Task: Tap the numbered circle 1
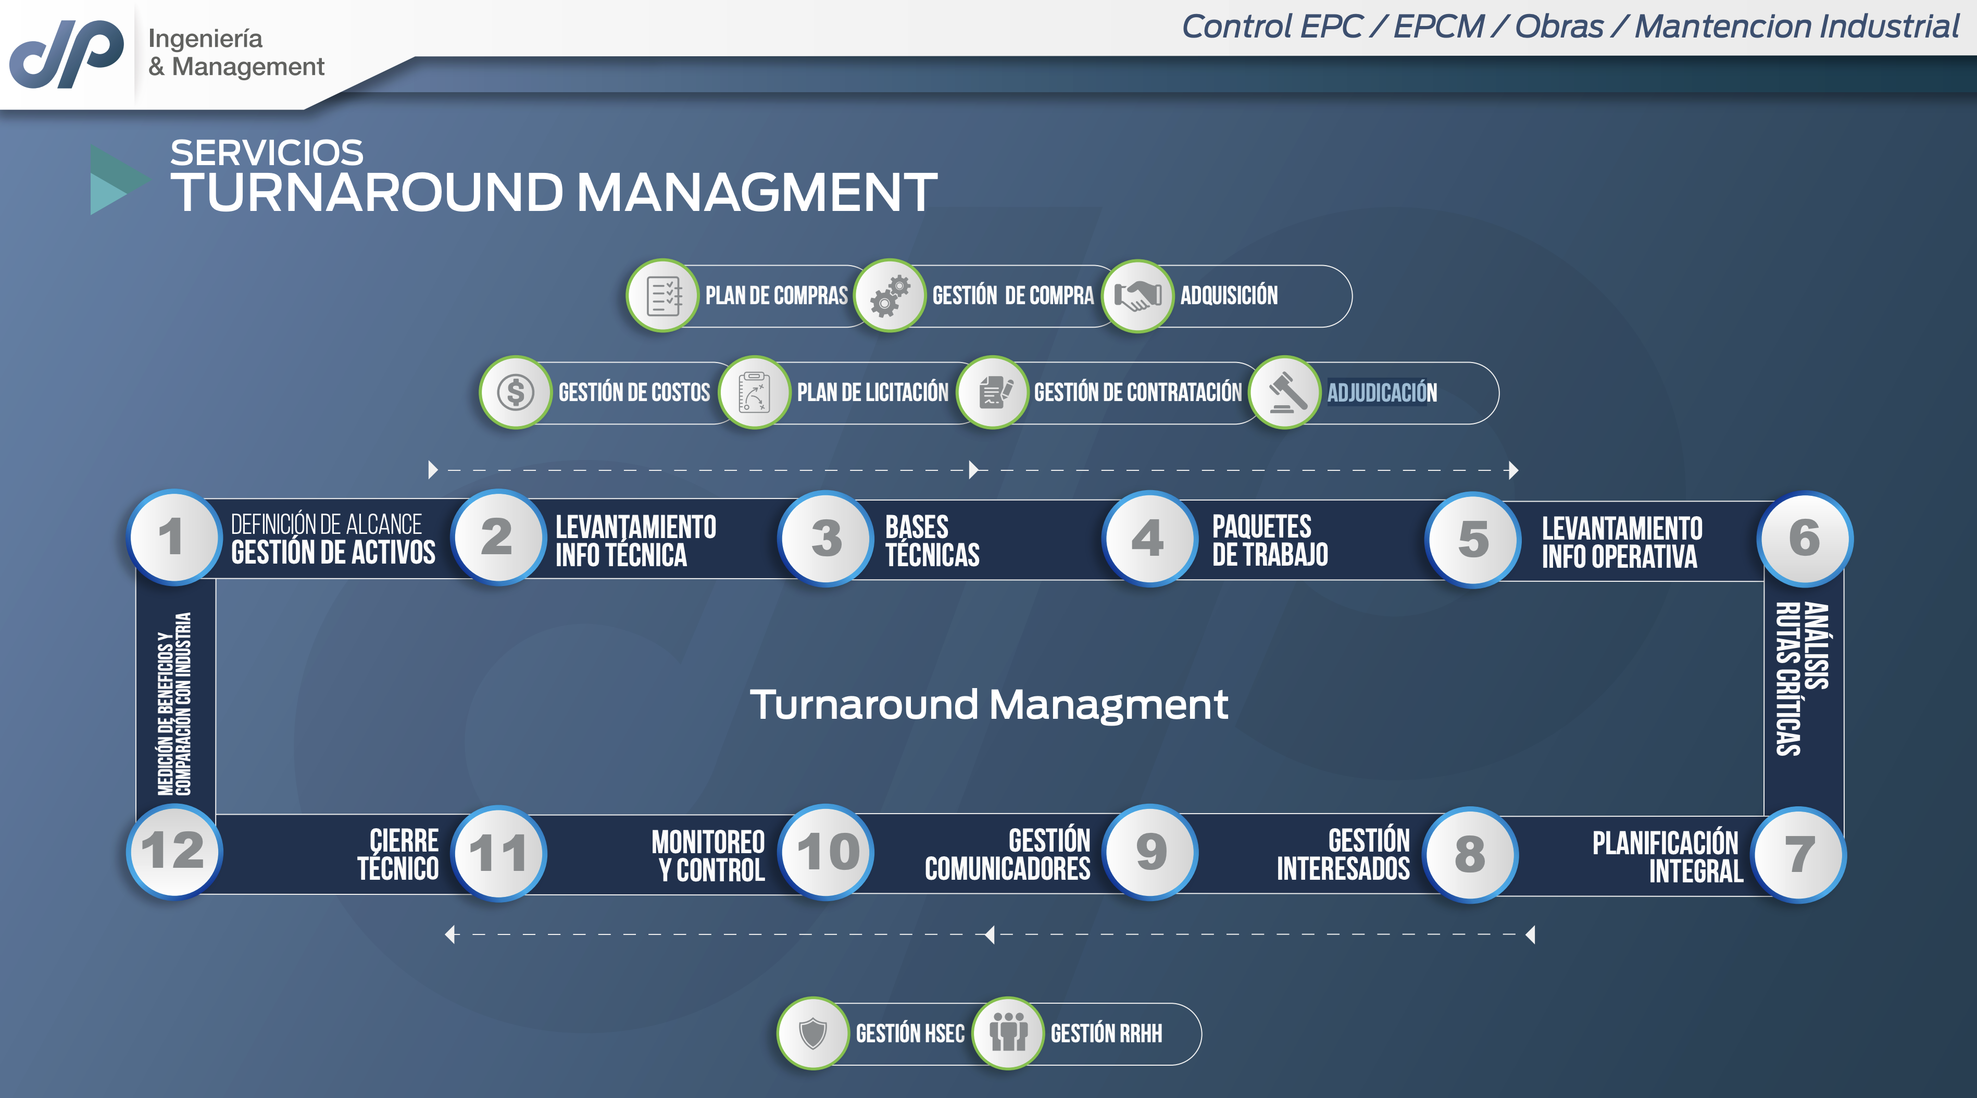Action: (173, 537)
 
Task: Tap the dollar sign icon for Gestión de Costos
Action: (516, 392)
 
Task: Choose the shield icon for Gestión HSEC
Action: (813, 1033)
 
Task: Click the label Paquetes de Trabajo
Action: (1270, 540)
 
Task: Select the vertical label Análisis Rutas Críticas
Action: (1803, 679)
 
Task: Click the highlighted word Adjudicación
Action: (1382, 393)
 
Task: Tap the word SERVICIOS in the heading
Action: (266, 153)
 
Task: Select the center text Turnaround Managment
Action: (988, 704)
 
